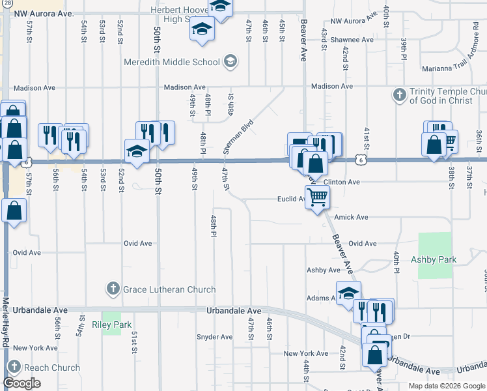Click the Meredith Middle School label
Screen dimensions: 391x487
pyautogui.click(x=173, y=63)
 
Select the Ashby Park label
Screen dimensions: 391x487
pyautogui.click(x=434, y=259)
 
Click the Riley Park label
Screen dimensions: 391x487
pyautogui.click(x=112, y=325)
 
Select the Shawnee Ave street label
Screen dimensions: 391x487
pyautogui.click(x=352, y=40)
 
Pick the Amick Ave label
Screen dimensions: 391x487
pyautogui.click(x=351, y=217)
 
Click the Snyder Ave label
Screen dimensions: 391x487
pyautogui.click(x=214, y=337)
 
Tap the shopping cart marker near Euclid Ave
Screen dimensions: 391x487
pyautogui.click(x=317, y=197)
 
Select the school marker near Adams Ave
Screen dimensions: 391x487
pyautogui.click(x=348, y=293)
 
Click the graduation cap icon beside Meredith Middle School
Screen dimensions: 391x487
pyautogui.click(x=229, y=63)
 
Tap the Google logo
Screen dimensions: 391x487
pyautogui.click(x=22, y=383)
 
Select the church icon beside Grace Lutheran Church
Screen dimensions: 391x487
pyautogui.click(x=112, y=289)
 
